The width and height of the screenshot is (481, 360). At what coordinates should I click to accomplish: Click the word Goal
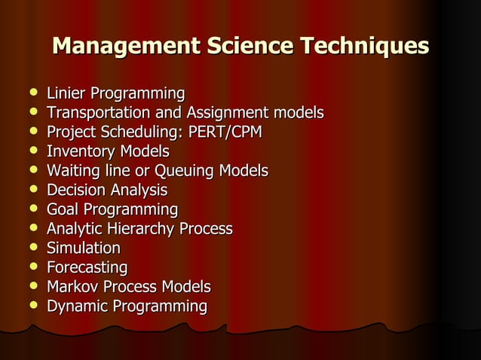tap(63, 209)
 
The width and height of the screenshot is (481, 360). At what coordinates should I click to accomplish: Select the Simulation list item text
tap(83, 248)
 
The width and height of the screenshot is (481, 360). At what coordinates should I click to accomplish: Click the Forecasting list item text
tap(87, 267)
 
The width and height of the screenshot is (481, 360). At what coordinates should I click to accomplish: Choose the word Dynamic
tap(76, 307)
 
